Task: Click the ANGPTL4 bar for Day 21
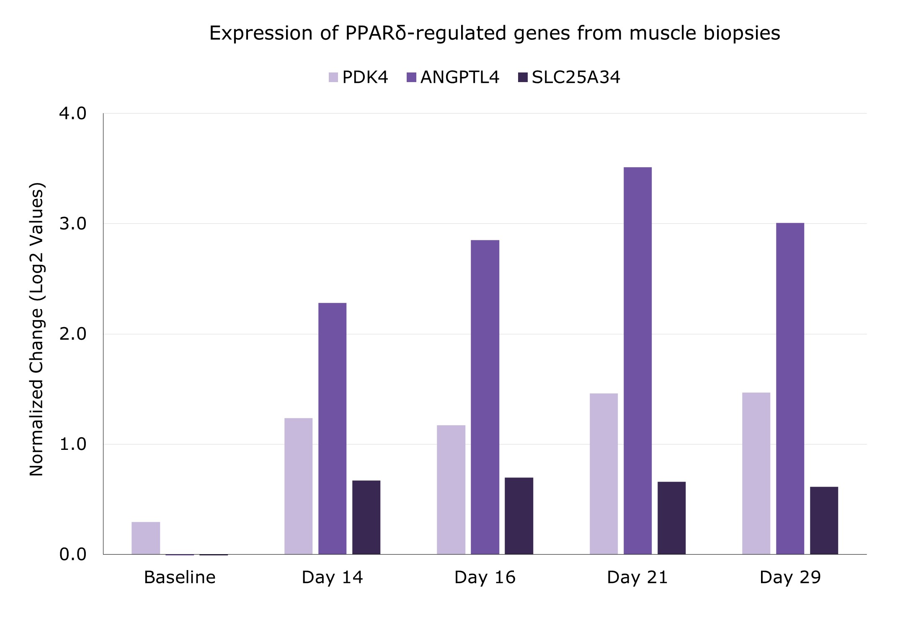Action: coord(637,361)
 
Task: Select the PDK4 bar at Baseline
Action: coord(146,538)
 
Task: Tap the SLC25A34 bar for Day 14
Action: coord(366,517)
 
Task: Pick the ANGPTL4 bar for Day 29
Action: coord(790,389)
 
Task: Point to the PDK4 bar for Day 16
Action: coord(451,490)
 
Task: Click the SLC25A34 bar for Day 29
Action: coord(824,521)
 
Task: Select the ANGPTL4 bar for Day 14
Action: coord(332,428)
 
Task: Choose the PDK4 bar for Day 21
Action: coord(604,474)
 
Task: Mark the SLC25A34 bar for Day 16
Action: coord(519,516)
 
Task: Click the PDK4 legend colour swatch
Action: coord(333,77)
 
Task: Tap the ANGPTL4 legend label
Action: coord(460,77)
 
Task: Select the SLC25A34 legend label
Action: coord(576,77)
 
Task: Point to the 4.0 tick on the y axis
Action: coord(73,114)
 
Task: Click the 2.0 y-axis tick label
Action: coord(73,334)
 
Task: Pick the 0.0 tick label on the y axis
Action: coord(73,554)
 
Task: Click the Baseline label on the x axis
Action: coord(180,577)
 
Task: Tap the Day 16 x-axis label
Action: coord(485,578)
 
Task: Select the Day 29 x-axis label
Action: coord(790,578)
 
